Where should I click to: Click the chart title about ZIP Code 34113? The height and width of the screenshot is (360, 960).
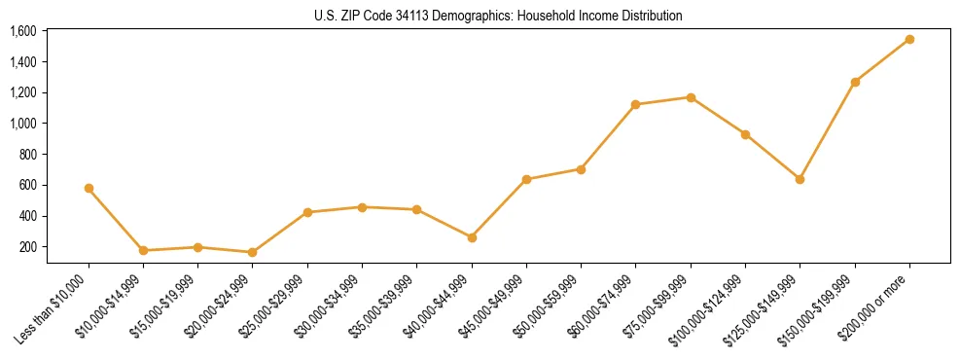pyautogui.click(x=499, y=16)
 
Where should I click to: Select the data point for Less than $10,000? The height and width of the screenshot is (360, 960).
pyautogui.click(x=89, y=188)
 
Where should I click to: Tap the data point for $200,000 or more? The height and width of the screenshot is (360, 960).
pyautogui.click(x=909, y=39)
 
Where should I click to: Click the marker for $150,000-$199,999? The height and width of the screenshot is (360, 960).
pyautogui.click(x=855, y=82)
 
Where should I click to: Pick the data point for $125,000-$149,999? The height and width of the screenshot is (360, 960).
pyautogui.click(x=800, y=179)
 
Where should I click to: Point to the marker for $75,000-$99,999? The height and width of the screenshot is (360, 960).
pyautogui.click(x=691, y=97)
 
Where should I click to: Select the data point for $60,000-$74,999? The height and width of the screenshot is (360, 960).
pyautogui.click(x=636, y=104)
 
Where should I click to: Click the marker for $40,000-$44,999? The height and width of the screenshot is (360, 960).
pyautogui.click(x=472, y=237)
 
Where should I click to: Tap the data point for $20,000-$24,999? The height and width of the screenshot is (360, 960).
pyautogui.click(x=253, y=252)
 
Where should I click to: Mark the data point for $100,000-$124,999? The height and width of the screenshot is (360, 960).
pyautogui.click(x=745, y=134)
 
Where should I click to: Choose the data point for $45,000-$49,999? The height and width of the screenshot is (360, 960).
pyautogui.click(x=526, y=179)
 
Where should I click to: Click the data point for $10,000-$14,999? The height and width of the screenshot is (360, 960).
pyautogui.click(x=143, y=250)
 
